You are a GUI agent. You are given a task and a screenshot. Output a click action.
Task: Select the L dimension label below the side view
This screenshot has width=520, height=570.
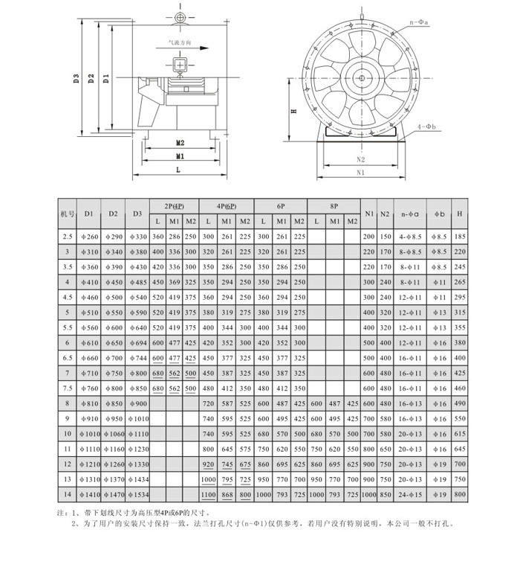click(x=180, y=170)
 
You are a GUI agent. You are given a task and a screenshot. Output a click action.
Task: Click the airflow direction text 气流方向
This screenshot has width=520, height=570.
click(x=180, y=44)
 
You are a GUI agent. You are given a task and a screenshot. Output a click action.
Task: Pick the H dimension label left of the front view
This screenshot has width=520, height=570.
click(x=295, y=112)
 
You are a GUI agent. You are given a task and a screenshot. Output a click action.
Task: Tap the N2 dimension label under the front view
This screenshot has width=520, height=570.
click(x=361, y=159)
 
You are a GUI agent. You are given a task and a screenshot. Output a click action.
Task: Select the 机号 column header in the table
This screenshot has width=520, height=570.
click(x=67, y=214)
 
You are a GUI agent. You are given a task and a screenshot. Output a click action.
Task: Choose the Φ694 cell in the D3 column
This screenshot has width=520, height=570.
click(x=138, y=343)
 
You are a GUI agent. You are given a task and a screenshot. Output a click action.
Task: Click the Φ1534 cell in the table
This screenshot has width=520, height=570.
click(x=138, y=494)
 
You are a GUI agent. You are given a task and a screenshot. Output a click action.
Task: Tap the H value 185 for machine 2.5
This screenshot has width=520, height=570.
click(x=460, y=236)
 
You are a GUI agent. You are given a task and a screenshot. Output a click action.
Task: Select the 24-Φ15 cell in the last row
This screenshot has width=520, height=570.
click(x=411, y=494)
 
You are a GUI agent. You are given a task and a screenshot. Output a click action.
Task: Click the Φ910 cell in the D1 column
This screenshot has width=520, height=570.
click(x=88, y=419)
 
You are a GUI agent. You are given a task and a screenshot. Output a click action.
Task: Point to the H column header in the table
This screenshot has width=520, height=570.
click(x=460, y=214)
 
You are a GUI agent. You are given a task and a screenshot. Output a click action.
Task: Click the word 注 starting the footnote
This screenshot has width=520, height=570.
click(x=61, y=513)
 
